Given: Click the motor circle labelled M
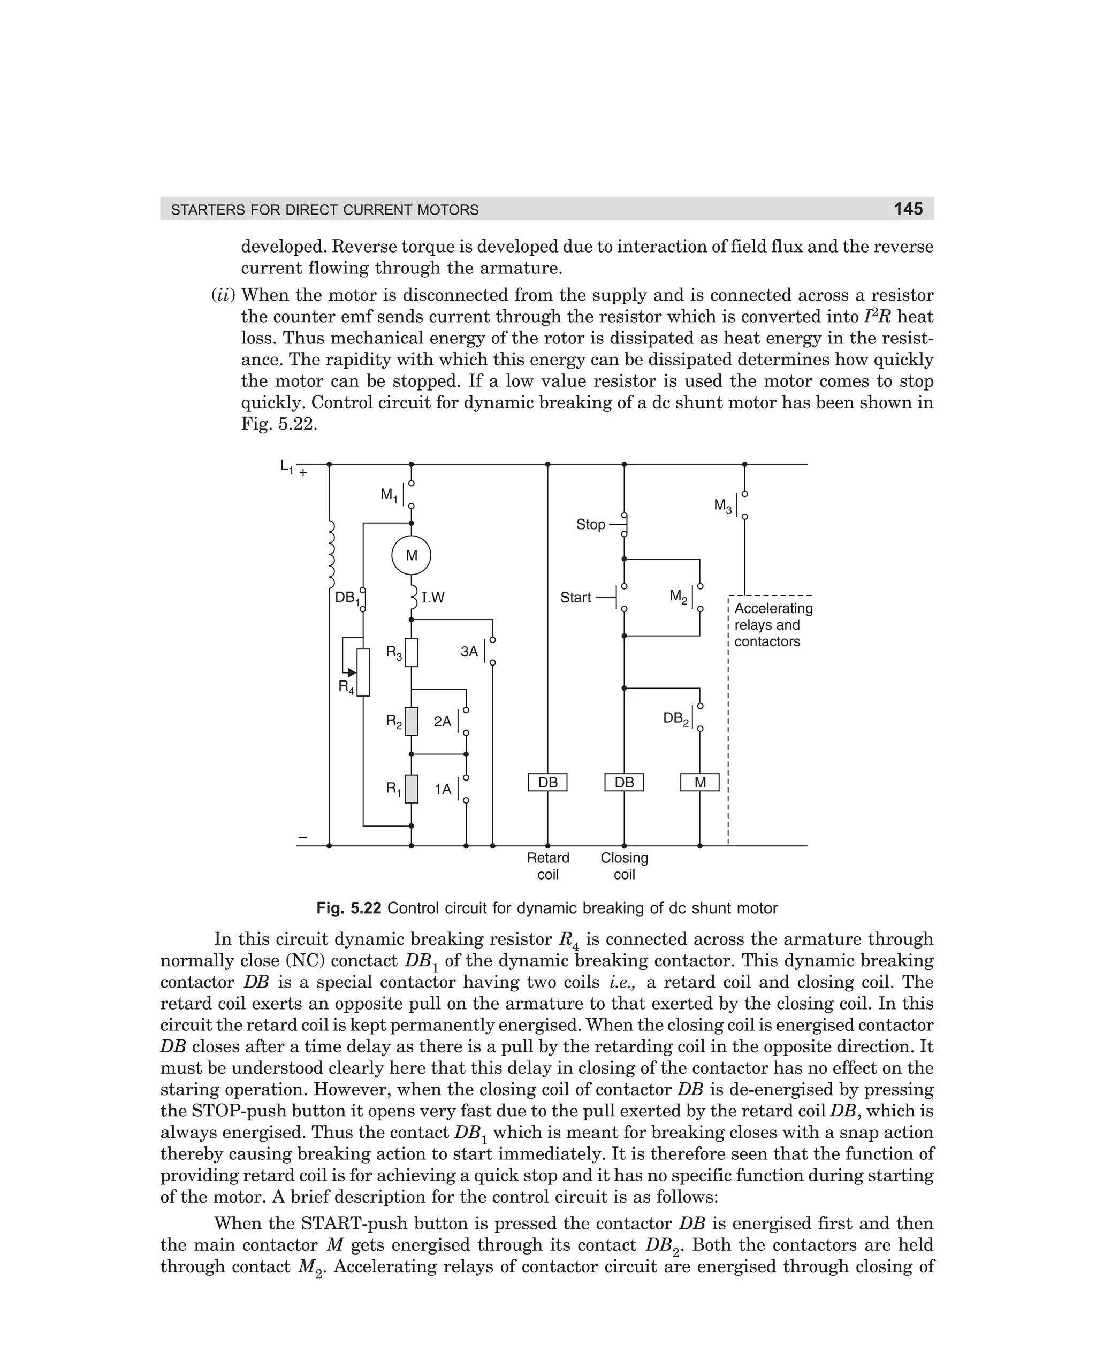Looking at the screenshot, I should (x=411, y=556).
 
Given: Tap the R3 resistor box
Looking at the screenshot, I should (x=411, y=653).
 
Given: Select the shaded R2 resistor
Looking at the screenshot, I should (x=411, y=721).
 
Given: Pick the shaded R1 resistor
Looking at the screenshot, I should (x=411, y=789).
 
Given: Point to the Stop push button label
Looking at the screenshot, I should (x=590, y=524).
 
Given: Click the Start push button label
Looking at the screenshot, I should (x=575, y=597).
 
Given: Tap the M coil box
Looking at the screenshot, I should (x=699, y=783).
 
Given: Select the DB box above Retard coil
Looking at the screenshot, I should (x=547, y=783).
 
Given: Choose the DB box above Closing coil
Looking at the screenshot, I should (x=624, y=783).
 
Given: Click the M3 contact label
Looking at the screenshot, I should (x=722, y=506).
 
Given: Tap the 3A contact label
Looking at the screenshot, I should (x=469, y=651).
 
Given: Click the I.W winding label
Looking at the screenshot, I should (x=433, y=598).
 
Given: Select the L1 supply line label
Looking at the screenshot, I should (x=287, y=466).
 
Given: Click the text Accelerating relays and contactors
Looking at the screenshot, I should (x=773, y=625).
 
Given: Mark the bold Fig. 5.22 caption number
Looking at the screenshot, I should (x=348, y=908).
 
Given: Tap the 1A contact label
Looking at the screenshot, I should (x=443, y=789).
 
